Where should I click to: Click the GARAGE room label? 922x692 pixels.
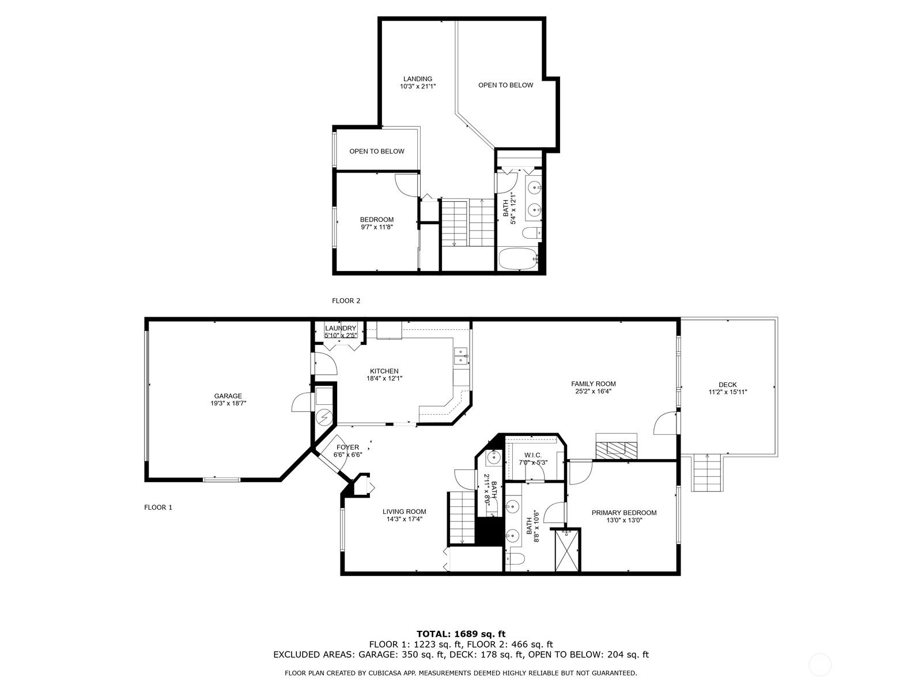(x=228, y=396)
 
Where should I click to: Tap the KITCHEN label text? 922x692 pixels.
(x=384, y=371)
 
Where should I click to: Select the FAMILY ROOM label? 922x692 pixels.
(x=593, y=383)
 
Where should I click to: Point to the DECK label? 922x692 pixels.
(x=728, y=385)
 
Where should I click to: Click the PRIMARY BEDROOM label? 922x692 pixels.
(x=624, y=513)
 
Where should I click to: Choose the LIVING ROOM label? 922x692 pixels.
(x=404, y=512)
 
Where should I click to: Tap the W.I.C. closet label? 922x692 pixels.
(x=533, y=455)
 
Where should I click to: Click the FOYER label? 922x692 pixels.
(x=348, y=447)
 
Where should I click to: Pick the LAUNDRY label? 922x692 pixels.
(x=341, y=328)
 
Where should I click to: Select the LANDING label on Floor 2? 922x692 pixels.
(x=418, y=78)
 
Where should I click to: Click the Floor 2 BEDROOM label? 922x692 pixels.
(x=377, y=219)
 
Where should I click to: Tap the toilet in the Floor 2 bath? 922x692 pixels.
(x=531, y=232)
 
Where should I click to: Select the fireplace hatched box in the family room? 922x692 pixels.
(x=616, y=450)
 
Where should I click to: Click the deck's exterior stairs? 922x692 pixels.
(x=708, y=473)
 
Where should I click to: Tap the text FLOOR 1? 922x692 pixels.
(x=158, y=507)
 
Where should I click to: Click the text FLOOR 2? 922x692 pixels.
(x=346, y=300)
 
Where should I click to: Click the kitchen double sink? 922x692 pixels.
(x=461, y=356)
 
